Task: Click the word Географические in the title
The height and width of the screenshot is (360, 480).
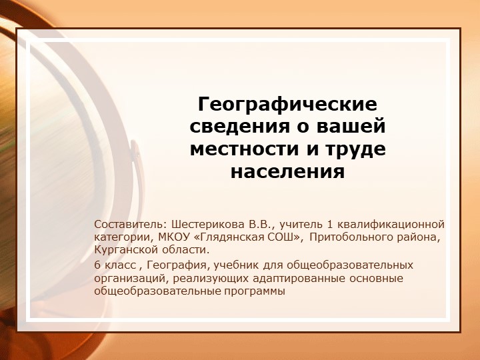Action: [287, 105]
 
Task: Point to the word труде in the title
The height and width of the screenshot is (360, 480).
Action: [355, 149]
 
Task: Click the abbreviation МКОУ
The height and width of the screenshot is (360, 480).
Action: [175, 237]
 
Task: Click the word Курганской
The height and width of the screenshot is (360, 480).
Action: [124, 250]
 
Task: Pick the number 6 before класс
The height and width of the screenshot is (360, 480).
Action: [97, 265]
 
